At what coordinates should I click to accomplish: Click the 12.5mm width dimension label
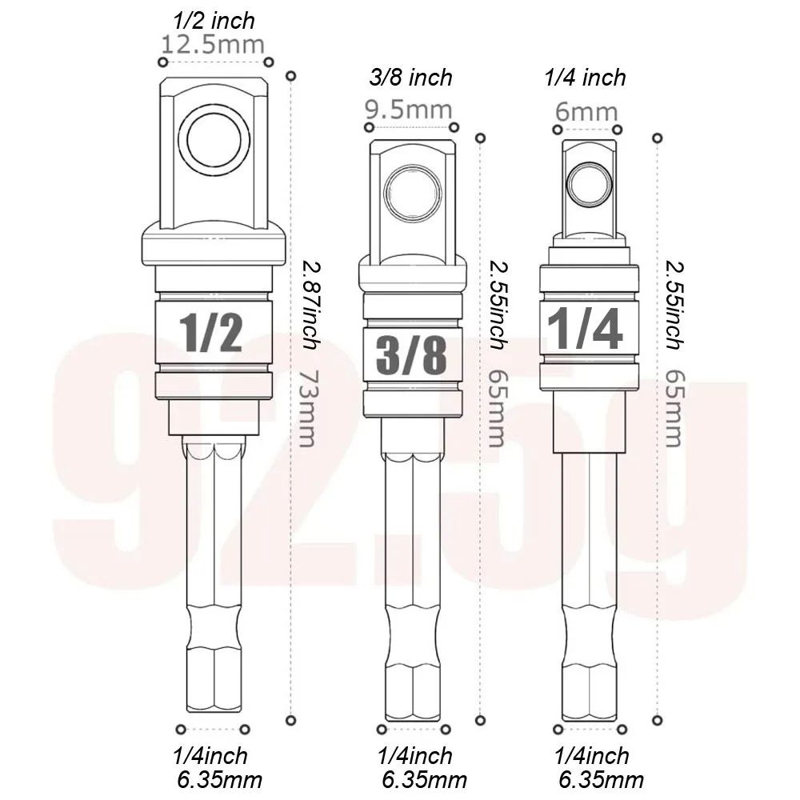(x=213, y=44)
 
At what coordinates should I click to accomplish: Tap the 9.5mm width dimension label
(x=408, y=109)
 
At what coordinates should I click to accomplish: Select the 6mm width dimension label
(x=586, y=112)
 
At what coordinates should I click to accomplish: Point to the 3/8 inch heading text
(x=411, y=78)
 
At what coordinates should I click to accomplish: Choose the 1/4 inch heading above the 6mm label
(x=585, y=78)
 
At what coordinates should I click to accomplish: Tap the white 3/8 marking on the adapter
(x=410, y=355)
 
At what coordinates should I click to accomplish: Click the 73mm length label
(x=305, y=407)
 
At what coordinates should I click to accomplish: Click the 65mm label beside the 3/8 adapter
(x=496, y=407)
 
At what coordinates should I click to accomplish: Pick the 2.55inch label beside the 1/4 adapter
(x=674, y=304)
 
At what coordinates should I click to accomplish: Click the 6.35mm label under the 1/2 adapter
(x=220, y=779)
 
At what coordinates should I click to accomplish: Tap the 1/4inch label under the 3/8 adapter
(x=414, y=755)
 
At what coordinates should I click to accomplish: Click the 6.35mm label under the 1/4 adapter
(x=600, y=779)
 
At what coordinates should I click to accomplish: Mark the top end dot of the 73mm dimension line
(x=291, y=76)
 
